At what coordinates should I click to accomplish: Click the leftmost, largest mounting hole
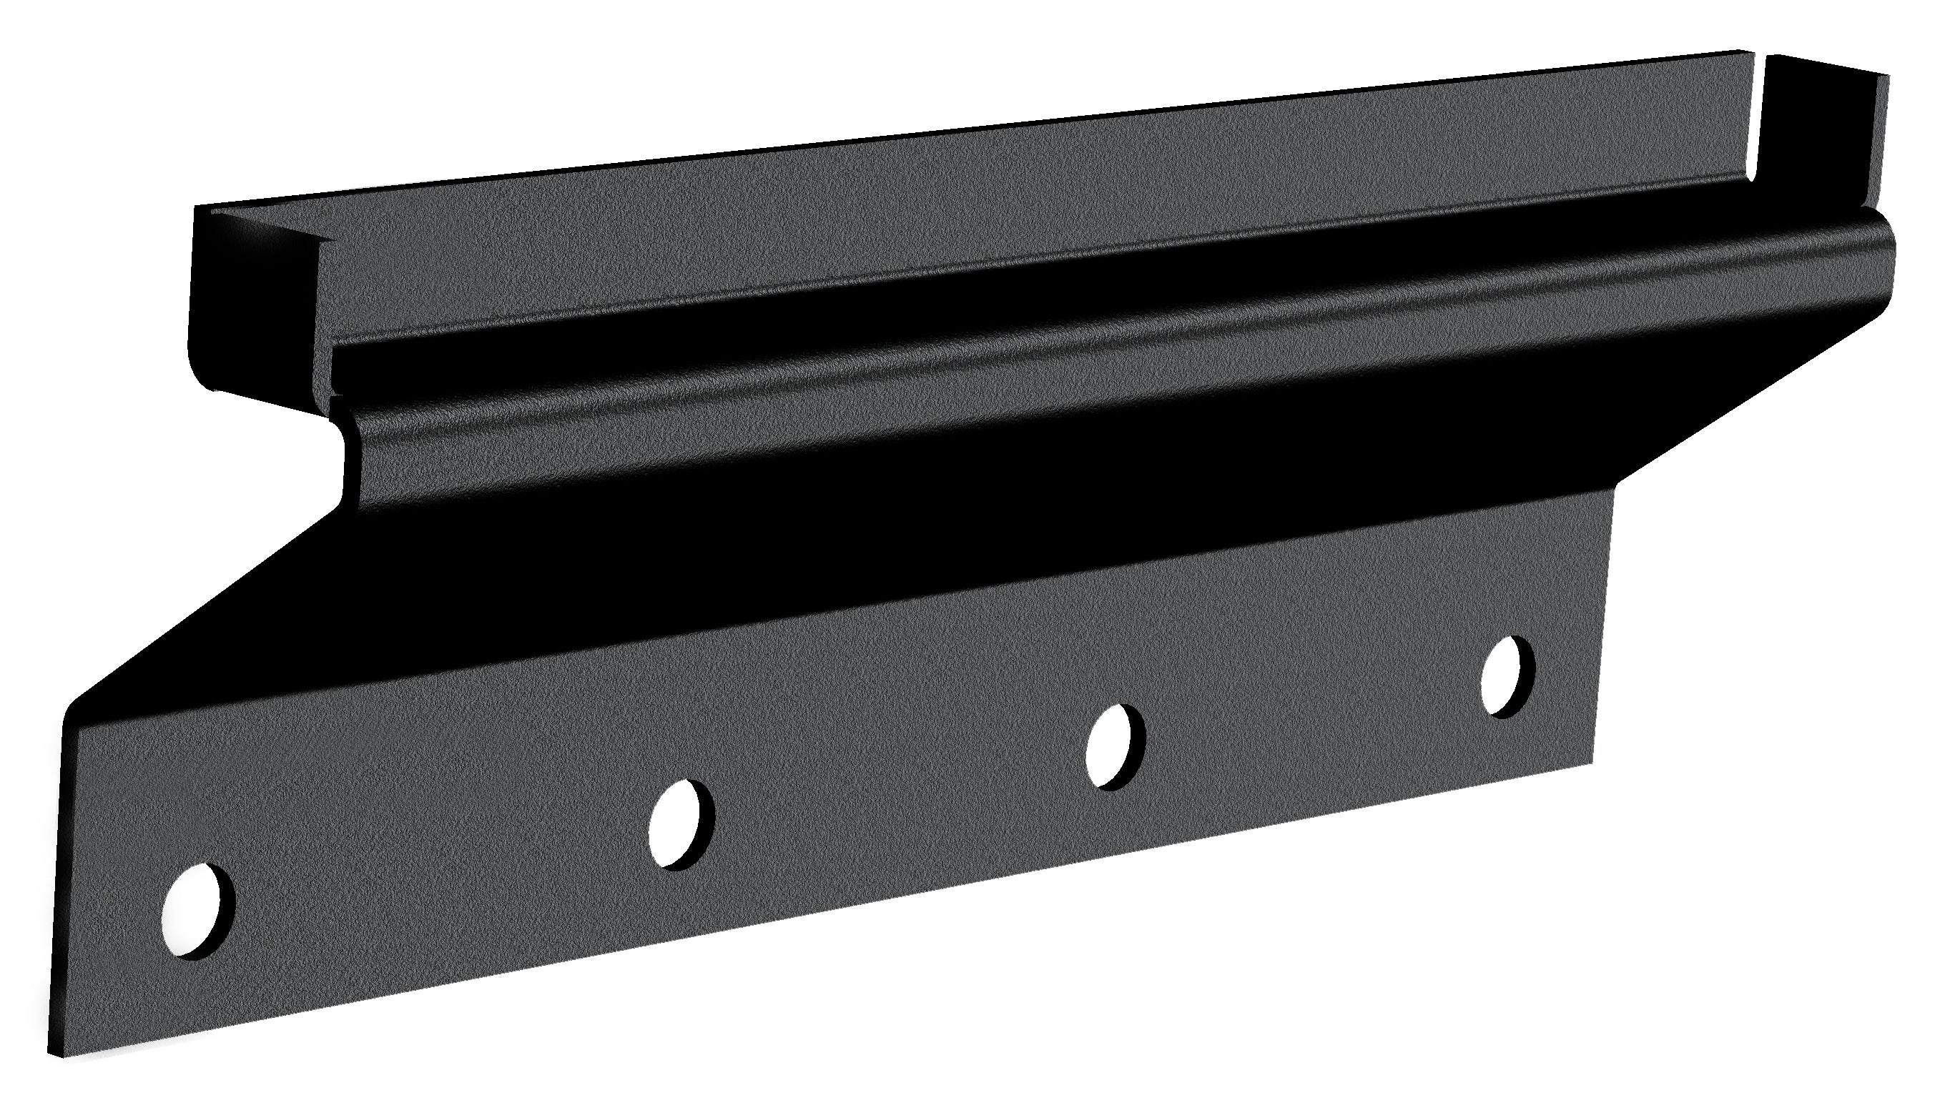[197, 910]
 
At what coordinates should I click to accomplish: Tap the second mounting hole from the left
[681, 824]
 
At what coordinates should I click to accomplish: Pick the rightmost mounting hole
[1507, 676]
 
